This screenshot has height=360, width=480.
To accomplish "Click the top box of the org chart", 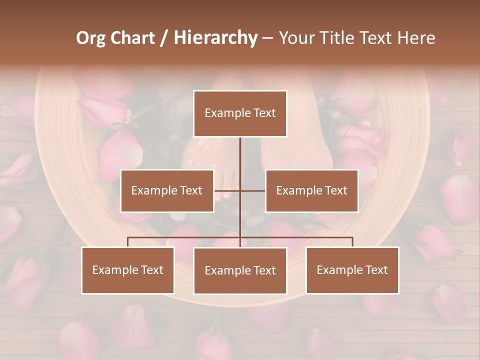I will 240,113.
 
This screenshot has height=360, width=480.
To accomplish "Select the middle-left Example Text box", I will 166,190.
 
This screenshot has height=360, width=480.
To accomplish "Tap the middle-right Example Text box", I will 311,190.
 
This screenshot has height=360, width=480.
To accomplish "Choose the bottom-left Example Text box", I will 128,270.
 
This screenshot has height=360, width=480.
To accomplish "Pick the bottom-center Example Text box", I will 240,270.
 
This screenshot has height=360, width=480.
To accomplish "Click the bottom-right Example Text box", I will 352,270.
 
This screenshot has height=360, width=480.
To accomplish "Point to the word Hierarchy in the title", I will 215,38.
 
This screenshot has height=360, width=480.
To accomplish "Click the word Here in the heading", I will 416,38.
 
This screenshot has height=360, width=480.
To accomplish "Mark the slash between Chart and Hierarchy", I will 165,38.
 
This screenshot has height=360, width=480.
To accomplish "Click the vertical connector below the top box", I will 240,155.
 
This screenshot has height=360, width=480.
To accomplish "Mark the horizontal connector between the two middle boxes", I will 240,190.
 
